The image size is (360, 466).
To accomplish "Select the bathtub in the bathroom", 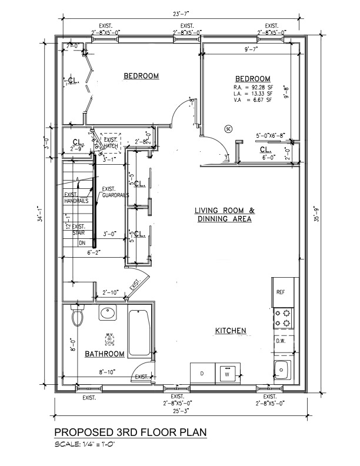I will pyautogui.click(x=139, y=332).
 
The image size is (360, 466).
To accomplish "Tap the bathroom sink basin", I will pyautogui.click(x=108, y=314).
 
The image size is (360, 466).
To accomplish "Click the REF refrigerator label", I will pyautogui.click(x=281, y=291).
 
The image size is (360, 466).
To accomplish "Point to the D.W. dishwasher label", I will pyautogui.click(x=281, y=341).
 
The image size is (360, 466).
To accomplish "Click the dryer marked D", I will pyautogui.click(x=202, y=373).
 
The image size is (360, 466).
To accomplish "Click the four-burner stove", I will pyautogui.click(x=282, y=318).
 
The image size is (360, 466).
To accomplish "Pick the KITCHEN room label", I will pyautogui.click(x=230, y=331).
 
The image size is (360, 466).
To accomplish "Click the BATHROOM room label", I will pyautogui.click(x=105, y=354).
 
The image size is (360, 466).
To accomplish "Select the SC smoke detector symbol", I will pyautogui.click(x=228, y=128).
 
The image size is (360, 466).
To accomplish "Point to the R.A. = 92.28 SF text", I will pyautogui.click(x=252, y=88).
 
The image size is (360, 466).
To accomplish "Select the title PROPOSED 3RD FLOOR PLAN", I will pyautogui.click(x=130, y=432).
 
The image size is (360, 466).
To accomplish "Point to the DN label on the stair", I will pyautogui.click(x=82, y=242).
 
